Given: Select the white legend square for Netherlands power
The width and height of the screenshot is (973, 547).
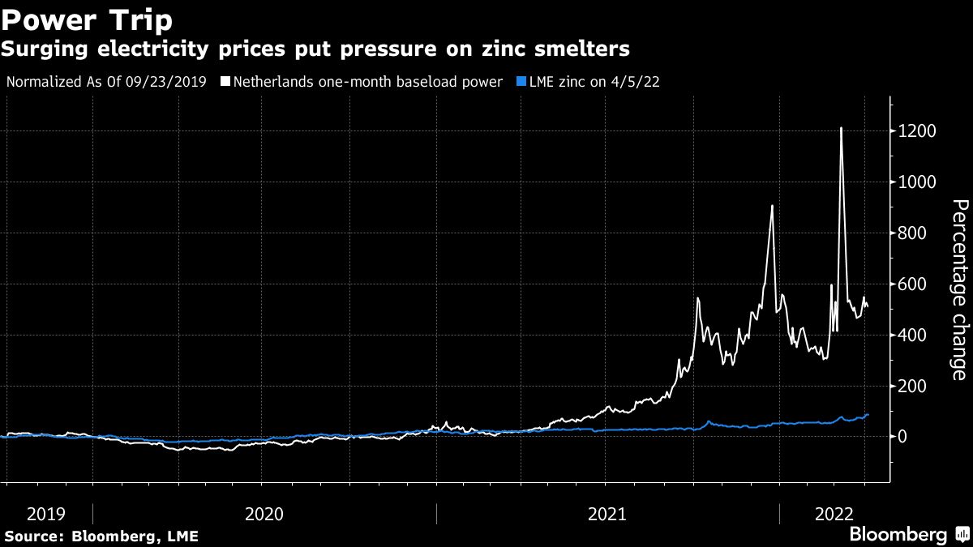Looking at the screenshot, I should coord(225,82).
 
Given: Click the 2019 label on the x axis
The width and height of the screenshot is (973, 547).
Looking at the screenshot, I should coord(46,514).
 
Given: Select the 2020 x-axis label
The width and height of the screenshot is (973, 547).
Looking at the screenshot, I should coord(264,514).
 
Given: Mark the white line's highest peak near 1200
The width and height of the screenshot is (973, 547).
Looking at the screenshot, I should coord(841,128).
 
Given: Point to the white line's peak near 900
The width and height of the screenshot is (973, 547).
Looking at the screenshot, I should coord(772,206).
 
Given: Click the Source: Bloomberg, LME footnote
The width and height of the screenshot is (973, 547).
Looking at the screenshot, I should coord(101,536).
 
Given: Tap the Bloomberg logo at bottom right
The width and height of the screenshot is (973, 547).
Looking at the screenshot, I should coord(908,535).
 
